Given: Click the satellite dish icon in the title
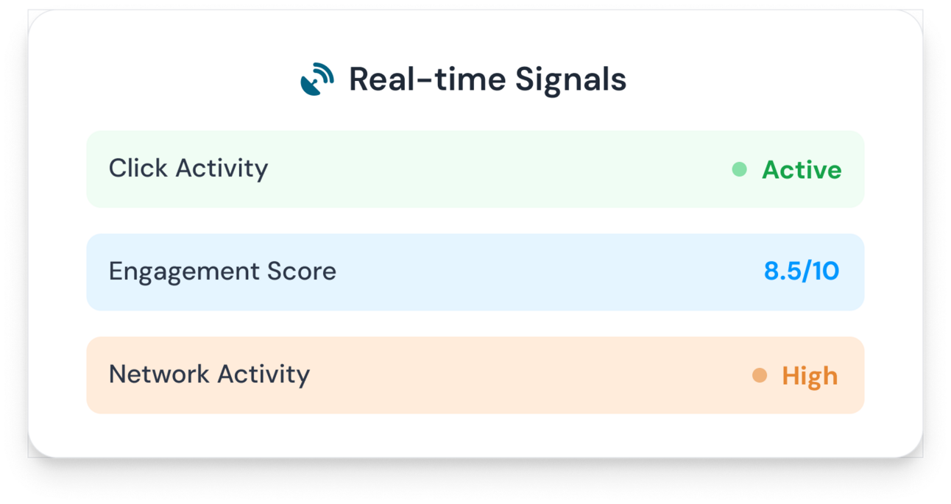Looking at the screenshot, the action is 317,79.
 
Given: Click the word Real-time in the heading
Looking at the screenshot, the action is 428,79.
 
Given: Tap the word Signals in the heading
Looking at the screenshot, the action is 571,81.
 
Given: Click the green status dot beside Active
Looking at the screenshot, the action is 739,169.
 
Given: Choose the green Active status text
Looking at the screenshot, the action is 802,170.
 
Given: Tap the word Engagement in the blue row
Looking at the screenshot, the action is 184,272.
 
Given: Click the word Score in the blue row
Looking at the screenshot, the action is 302,271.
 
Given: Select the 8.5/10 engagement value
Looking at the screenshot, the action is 802,271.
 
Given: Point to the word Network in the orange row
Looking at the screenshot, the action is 159,374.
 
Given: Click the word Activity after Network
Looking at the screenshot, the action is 264,375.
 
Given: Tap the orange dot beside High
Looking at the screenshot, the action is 760,375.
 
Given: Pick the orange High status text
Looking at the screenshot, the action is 810,377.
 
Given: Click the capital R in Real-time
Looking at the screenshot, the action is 360,79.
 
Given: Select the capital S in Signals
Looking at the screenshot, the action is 525,79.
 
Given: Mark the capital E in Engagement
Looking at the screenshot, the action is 116,271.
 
